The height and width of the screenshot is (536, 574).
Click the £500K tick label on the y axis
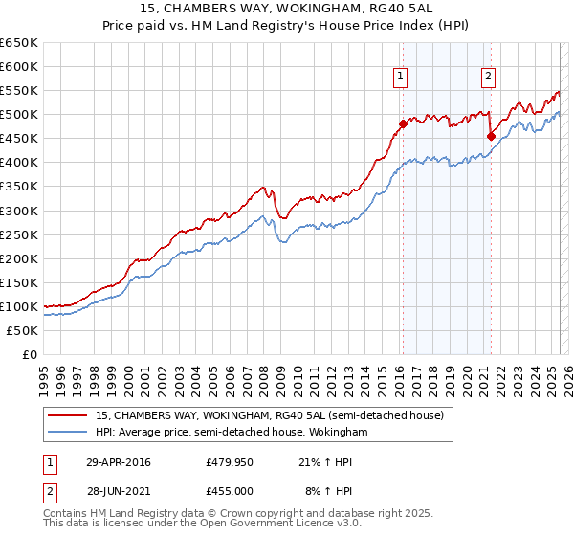(18, 115)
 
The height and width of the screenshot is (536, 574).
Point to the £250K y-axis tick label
(18, 234)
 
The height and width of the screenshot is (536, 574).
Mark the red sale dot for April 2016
(403, 123)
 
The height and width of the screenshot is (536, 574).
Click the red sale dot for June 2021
(491, 136)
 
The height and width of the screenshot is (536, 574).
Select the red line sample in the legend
(68, 416)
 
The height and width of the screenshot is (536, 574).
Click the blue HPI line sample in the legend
(68, 433)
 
